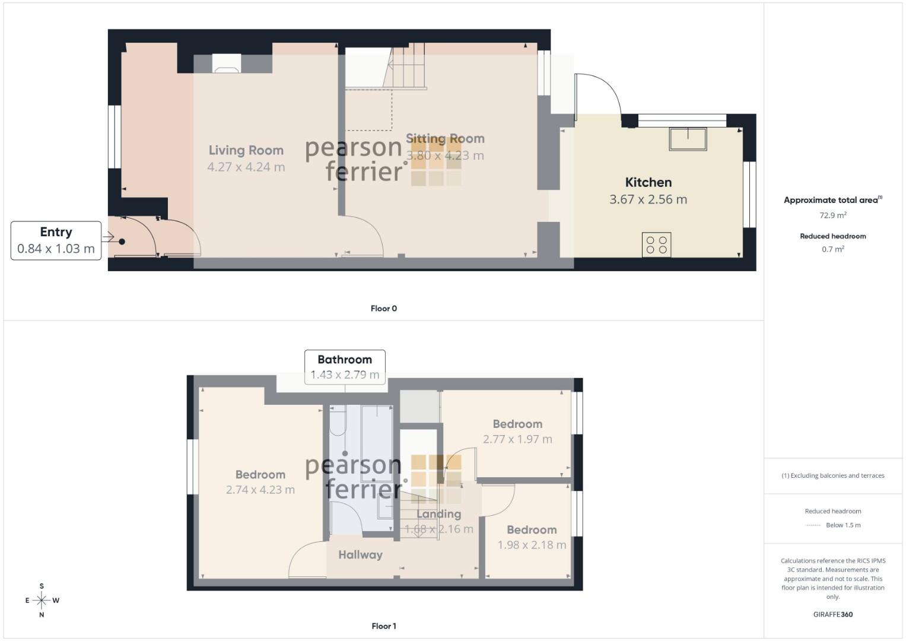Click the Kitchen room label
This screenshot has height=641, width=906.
[648, 183]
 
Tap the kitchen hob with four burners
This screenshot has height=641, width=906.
[656, 245]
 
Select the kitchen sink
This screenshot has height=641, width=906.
[688, 139]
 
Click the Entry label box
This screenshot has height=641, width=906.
[56, 240]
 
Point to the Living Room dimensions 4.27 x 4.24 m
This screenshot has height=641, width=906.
[246, 167]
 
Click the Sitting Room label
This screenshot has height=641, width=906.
[445, 138]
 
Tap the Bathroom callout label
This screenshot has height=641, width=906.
[345, 367]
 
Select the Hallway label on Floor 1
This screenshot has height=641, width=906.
[360, 555]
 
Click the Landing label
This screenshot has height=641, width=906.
[439, 514]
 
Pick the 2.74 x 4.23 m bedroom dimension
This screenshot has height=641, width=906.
[260, 490]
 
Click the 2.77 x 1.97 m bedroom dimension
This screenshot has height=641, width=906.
[517, 439]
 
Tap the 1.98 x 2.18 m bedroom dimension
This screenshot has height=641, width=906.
[532, 545]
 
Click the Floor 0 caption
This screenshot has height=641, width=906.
[383, 309]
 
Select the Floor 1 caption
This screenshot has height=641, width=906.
[384, 626]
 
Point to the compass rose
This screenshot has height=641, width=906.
[42, 600]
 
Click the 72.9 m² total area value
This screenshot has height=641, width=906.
[833, 215]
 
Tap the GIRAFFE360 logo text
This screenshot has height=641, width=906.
[833, 614]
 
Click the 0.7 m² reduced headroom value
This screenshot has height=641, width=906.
[833, 249]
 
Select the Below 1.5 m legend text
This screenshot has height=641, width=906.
[843, 525]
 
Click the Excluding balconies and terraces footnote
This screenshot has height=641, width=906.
[833, 475]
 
